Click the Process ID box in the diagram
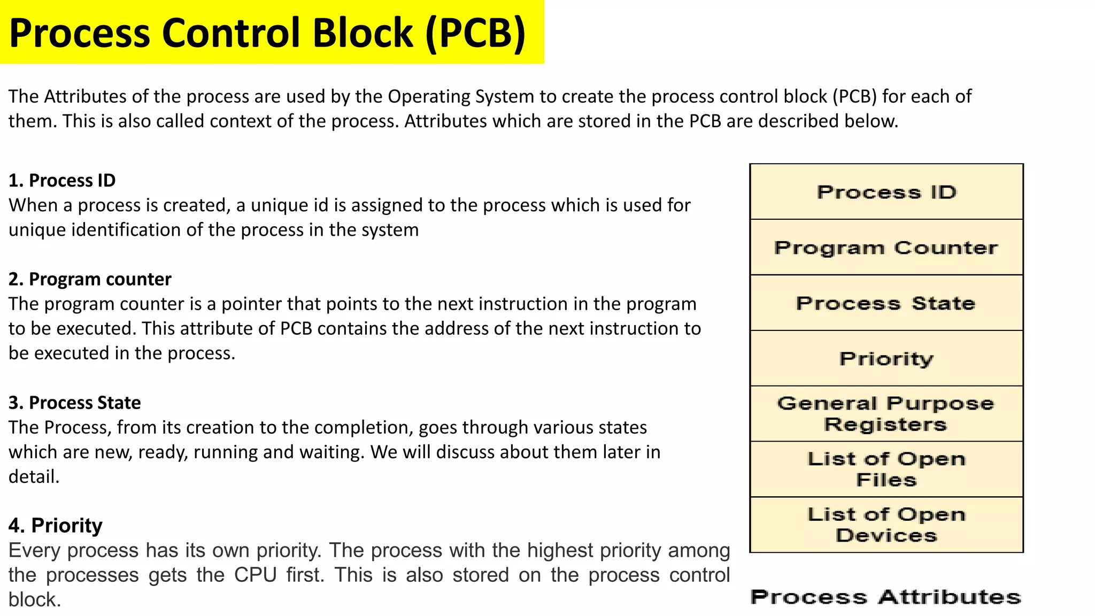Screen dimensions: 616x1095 point(886,192)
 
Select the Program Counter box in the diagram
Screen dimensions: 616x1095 point(886,248)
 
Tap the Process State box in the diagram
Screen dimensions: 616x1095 point(886,303)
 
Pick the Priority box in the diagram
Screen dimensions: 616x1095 point(886,359)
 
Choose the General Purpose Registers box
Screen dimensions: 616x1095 point(886,414)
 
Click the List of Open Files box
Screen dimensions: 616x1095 point(886,469)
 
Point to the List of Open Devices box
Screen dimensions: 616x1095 point(886,525)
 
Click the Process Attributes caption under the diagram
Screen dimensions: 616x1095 point(885,597)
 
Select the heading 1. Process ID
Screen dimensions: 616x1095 point(62,181)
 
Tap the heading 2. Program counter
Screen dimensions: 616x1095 point(90,280)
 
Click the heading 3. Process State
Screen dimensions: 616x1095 point(75,403)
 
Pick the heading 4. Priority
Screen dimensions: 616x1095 point(56,526)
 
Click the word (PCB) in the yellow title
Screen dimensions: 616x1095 point(475,33)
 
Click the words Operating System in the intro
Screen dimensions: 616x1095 point(461,97)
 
